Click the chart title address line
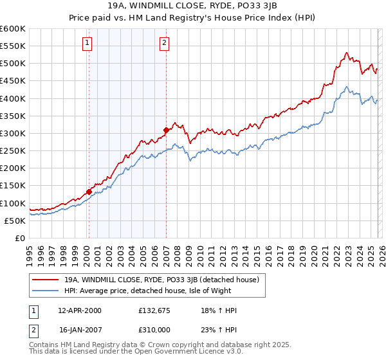click(193, 6)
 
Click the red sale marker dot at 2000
click(89, 191)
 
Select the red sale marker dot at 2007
click(166, 130)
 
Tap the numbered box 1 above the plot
click(87, 43)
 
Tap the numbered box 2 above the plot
click(165, 43)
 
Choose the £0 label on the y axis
click(20, 238)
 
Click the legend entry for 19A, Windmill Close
click(161, 280)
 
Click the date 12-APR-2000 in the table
click(80, 310)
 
